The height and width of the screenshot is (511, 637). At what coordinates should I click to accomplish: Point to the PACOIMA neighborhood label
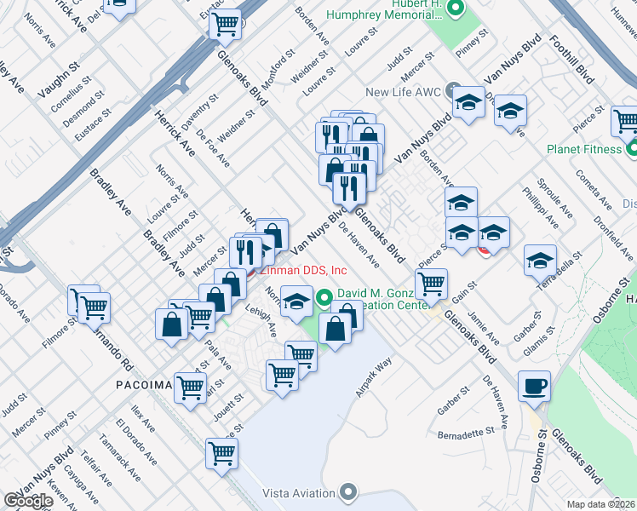click(145, 385)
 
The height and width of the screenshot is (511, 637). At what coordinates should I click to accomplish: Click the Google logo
click(28, 501)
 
